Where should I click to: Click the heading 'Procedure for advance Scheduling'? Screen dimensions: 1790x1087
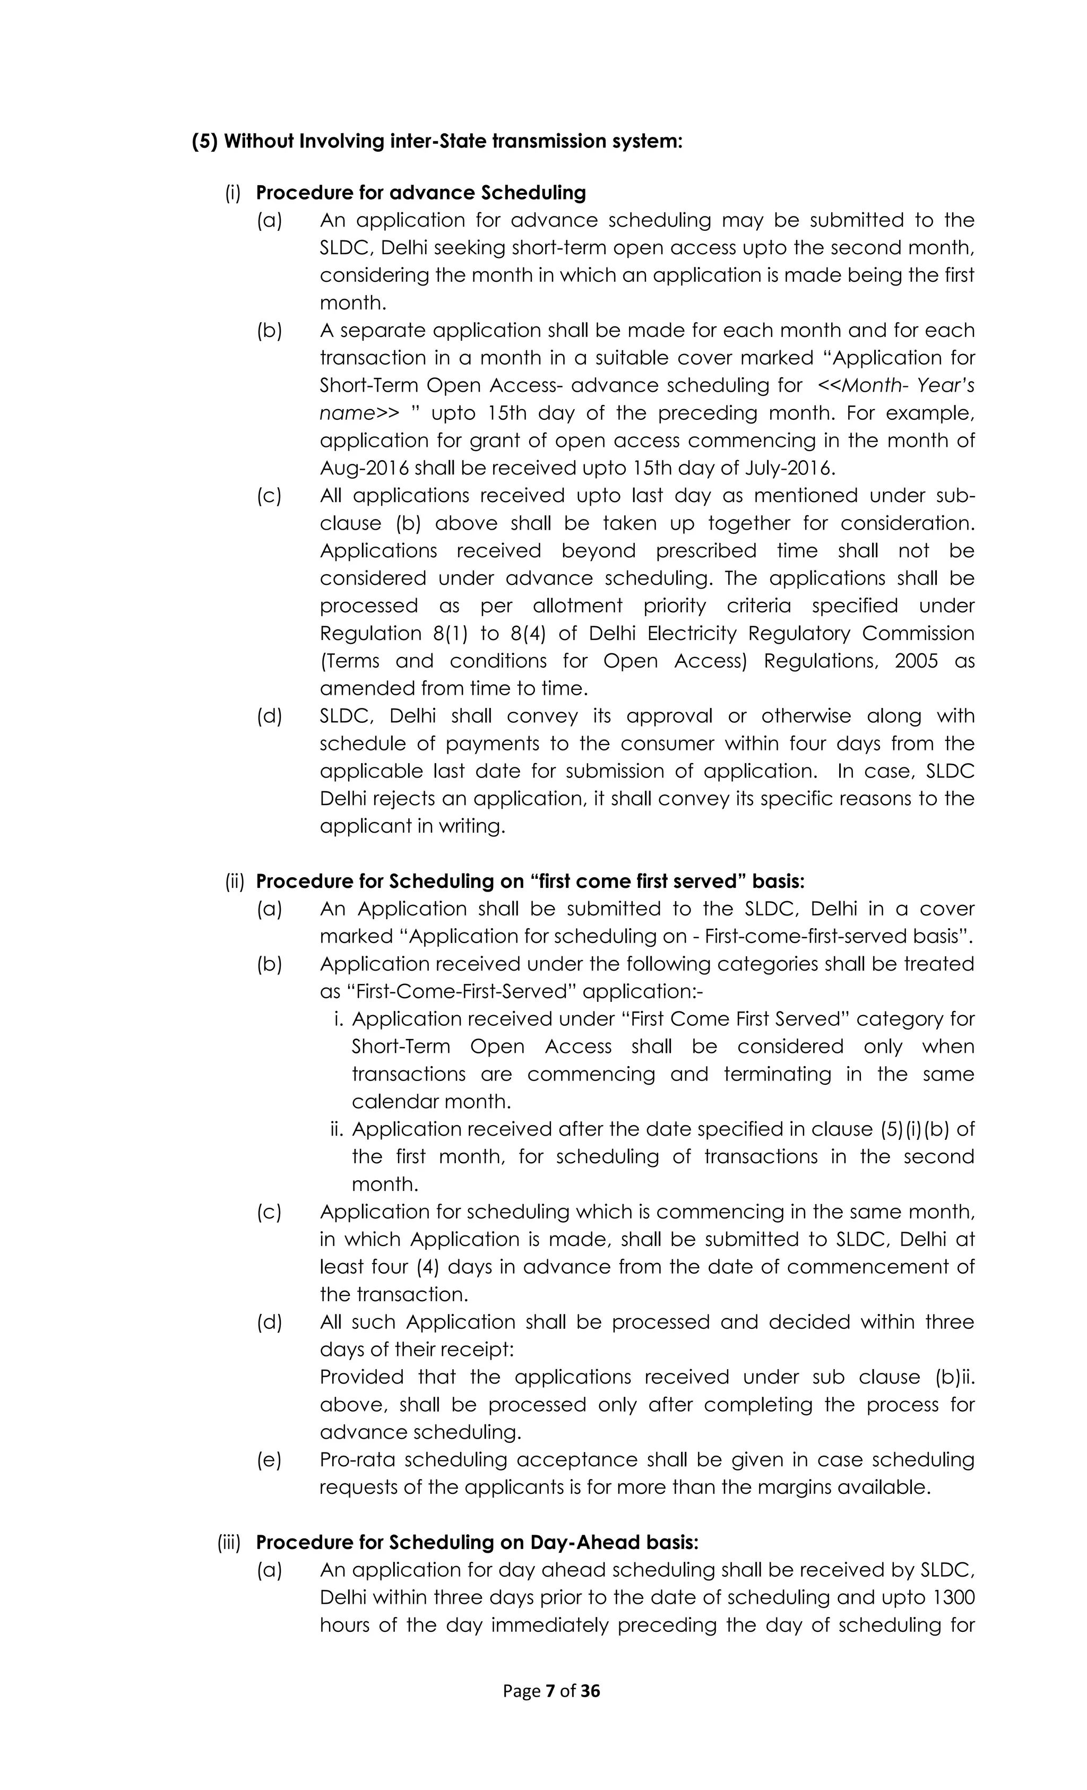pyautogui.click(x=421, y=193)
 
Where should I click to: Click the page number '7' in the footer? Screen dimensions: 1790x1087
pyautogui.click(x=550, y=1691)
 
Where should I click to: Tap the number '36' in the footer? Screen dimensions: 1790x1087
pyautogui.click(x=591, y=1691)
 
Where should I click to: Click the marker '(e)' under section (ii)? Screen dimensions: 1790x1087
pyautogui.click(x=269, y=1459)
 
